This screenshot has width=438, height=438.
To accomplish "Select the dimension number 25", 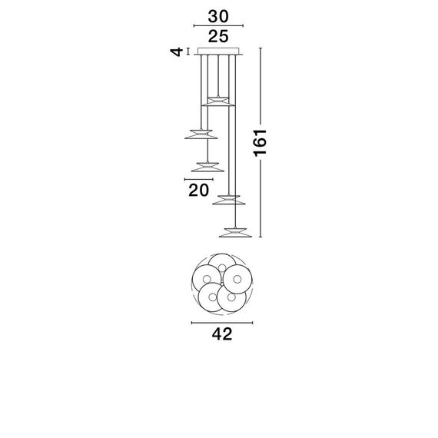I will tap(219, 36).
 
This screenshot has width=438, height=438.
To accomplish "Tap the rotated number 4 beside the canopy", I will tap(177, 52).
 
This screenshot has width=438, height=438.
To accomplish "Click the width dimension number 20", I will tap(200, 191).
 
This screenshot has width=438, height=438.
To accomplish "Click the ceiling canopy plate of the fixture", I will tap(219, 52).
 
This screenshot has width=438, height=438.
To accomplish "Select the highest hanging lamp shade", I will tap(219, 100).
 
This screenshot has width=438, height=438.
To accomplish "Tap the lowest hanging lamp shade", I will tap(237, 230).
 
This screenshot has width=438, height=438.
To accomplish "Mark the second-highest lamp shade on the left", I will tap(200, 134).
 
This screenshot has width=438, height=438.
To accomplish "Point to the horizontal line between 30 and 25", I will tap(219, 25).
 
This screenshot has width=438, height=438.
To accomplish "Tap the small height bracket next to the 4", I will tap(188, 52).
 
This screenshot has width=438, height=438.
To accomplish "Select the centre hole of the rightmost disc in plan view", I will tap(237, 278).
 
